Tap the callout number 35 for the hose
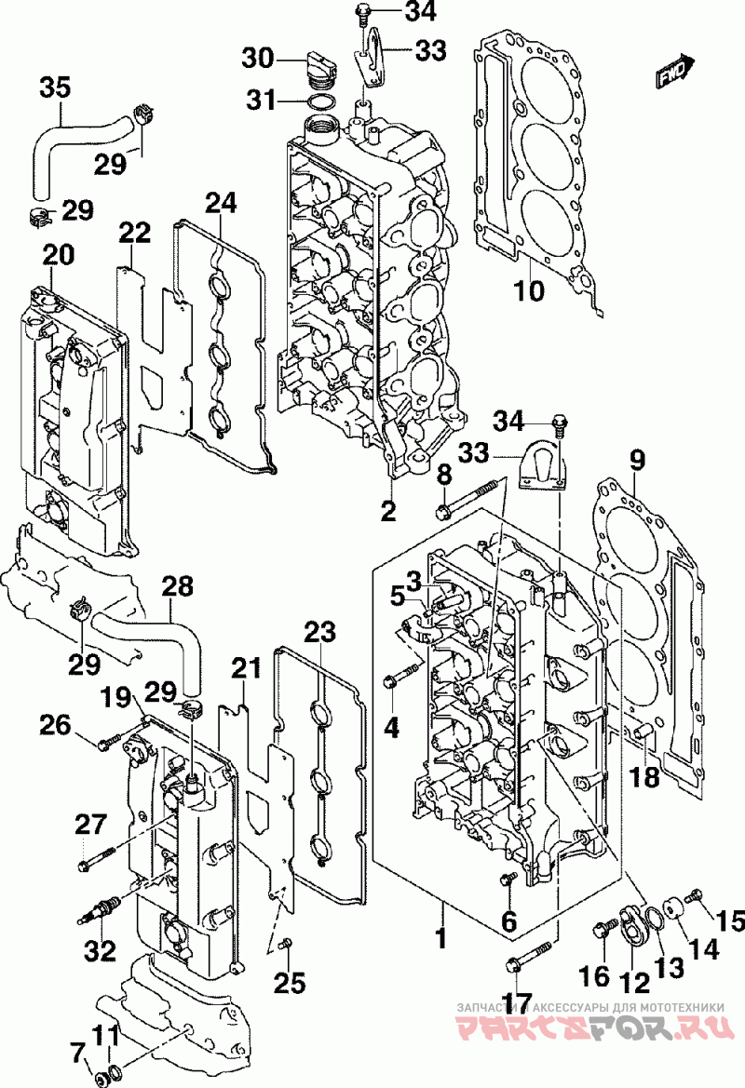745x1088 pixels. click(55, 88)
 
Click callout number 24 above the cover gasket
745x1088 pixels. click(221, 203)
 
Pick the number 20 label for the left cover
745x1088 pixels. click(59, 255)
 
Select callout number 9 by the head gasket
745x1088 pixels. click(637, 460)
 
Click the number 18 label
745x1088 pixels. click(643, 776)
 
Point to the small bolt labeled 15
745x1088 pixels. click(695, 897)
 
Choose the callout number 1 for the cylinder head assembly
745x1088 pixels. click(440, 938)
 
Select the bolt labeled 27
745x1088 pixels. click(97, 860)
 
